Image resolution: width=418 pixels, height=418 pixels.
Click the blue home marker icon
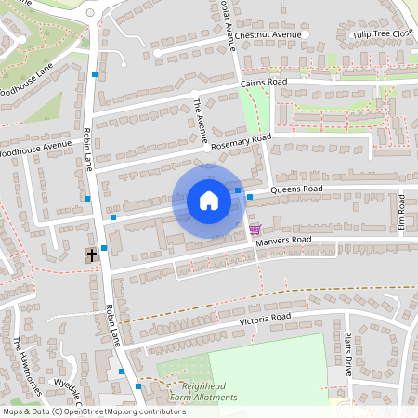click(209, 201)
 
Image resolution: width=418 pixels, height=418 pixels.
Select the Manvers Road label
click(283, 241)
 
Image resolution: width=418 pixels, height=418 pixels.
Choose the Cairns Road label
click(264, 83)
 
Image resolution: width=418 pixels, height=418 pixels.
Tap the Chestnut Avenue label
click(269, 34)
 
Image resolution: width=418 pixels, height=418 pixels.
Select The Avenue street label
click(201, 121)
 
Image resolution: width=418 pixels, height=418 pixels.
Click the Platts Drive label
click(348, 352)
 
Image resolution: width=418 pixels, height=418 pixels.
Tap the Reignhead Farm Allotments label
click(196, 391)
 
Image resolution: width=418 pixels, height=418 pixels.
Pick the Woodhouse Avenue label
click(35, 147)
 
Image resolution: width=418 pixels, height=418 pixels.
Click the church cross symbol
click(92, 255)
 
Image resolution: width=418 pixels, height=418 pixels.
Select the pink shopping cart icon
click(255, 229)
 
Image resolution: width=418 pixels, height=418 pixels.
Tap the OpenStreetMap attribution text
click(93, 411)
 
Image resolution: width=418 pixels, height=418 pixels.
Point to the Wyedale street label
click(69, 385)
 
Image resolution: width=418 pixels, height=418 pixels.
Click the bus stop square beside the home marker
click(239, 191)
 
